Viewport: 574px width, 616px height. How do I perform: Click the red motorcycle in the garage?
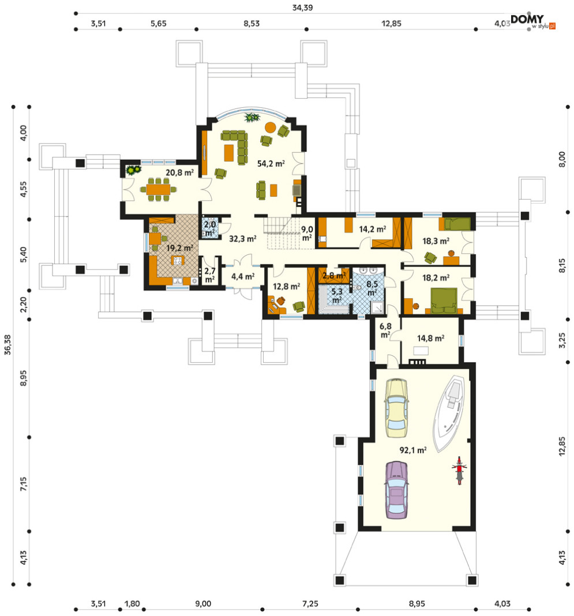click(459, 470)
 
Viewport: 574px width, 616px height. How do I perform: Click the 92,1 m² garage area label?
click(413, 450)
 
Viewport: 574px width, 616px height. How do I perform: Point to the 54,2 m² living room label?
click(271, 163)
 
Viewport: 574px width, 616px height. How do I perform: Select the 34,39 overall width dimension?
click(302, 7)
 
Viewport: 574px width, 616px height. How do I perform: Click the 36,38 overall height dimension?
click(7, 344)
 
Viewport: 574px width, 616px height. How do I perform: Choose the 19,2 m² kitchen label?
click(179, 248)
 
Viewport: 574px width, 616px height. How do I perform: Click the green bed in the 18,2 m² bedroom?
click(444, 301)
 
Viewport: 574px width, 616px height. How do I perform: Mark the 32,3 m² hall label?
click(243, 238)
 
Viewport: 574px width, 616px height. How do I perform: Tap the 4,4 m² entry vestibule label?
click(243, 277)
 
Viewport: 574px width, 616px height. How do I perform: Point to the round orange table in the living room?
click(271, 127)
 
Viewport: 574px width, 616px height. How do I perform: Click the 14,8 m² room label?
click(430, 338)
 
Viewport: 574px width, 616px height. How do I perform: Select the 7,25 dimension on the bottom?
click(310, 603)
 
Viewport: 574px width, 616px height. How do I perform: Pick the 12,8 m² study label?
click(286, 287)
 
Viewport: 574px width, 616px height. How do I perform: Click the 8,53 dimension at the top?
click(252, 23)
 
